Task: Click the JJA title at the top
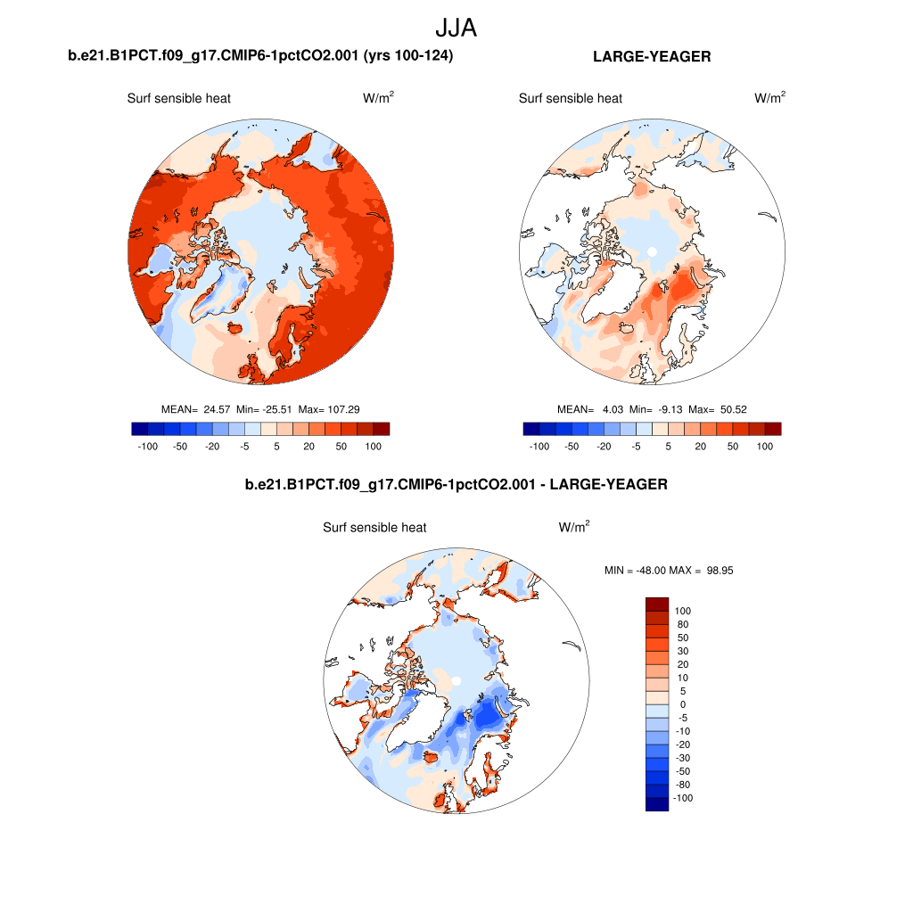pyautogui.click(x=456, y=28)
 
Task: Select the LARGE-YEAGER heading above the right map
pyautogui.click(x=652, y=57)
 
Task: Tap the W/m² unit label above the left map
pyautogui.click(x=378, y=98)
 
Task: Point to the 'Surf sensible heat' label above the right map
pyautogui.click(x=571, y=98)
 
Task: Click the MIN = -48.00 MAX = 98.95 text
pyautogui.click(x=669, y=570)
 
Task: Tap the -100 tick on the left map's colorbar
pyautogui.click(x=148, y=446)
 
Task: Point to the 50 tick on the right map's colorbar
pyautogui.click(x=733, y=446)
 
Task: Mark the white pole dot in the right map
pyautogui.click(x=652, y=251)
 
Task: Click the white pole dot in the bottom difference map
pyautogui.click(x=456, y=681)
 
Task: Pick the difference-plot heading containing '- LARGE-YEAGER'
pyautogui.click(x=456, y=485)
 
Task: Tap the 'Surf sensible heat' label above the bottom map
pyautogui.click(x=374, y=528)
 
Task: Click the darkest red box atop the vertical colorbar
pyautogui.click(x=656, y=604)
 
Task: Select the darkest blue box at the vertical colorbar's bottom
pyautogui.click(x=656, y=804)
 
